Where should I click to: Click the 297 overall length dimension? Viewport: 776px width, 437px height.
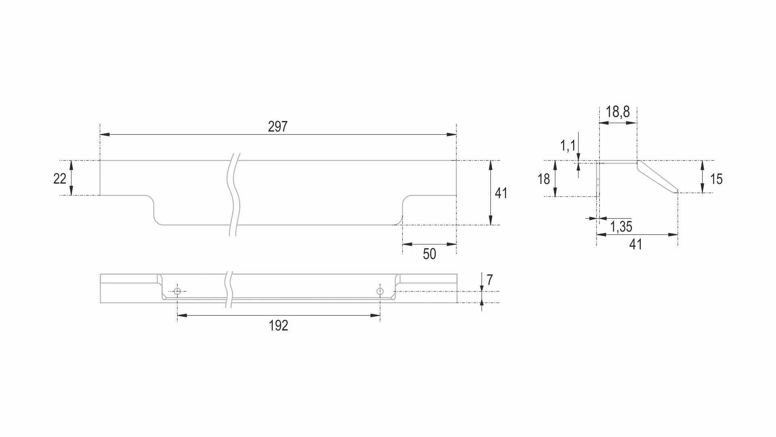(278, 127)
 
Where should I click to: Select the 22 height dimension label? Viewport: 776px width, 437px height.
(60, 179)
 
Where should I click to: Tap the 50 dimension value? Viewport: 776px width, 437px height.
(429, 254)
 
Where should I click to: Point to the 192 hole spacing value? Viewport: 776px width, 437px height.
(278, 326)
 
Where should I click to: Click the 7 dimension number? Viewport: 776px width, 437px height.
(490, 280)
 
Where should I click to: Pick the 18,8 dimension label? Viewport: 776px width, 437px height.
(617, 112)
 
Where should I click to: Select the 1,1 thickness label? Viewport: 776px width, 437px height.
(568, 146)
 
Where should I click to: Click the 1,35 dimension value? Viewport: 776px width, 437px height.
(621, 227)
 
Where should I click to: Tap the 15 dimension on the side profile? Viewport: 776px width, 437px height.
(716, 179)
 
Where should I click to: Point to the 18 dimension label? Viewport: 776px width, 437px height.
(544, 179)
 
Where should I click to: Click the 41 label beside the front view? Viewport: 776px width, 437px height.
(501, 193)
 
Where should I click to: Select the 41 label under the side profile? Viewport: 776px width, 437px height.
(636, 245)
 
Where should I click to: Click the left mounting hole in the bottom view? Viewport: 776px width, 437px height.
(177, 291)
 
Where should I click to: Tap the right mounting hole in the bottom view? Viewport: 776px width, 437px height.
(380, 291)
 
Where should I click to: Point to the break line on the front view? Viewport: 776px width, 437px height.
(234, 194)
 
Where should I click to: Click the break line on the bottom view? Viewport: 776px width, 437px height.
(229, 289)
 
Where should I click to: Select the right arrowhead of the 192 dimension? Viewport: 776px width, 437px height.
(375, 316)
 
